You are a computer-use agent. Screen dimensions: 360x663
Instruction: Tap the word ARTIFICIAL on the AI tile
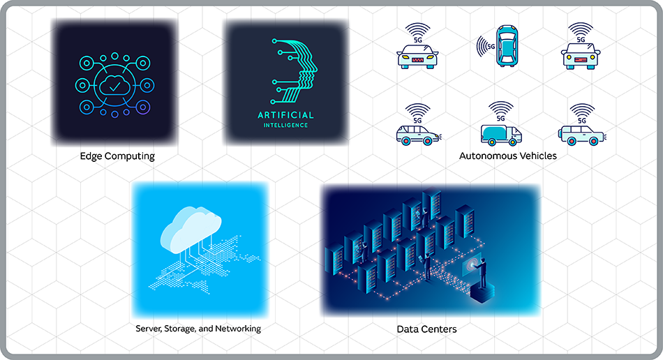click(286, 115)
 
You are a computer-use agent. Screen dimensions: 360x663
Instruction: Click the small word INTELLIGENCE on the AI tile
click(286, 126)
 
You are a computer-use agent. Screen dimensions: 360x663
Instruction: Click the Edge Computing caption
click(117, 156)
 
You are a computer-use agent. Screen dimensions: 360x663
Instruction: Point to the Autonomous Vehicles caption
click(507, 156)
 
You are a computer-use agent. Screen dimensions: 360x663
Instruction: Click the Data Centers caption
click(426, 328)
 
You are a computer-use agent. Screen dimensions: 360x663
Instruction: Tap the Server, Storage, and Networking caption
click(198, 328)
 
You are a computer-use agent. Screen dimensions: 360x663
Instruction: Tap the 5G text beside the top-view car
click(490, 47)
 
